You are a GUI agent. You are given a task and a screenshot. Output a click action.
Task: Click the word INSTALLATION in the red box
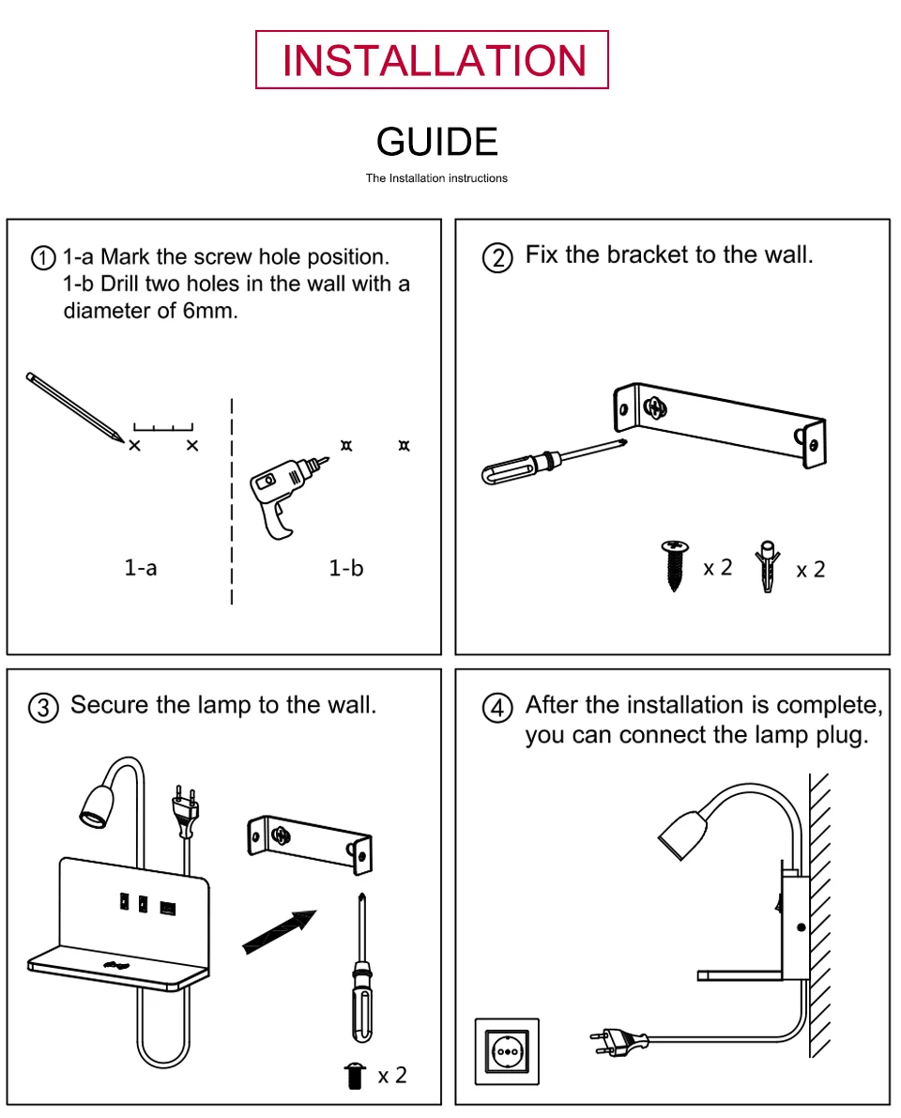433,60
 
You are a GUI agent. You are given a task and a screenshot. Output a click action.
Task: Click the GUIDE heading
436,142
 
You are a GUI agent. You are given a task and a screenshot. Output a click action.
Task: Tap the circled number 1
44,258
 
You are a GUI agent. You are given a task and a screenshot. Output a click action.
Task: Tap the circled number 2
498,257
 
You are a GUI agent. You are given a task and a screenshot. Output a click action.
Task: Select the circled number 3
44,707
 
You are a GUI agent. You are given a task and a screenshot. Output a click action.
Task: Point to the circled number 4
498,707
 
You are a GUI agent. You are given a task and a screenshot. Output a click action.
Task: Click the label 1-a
141,567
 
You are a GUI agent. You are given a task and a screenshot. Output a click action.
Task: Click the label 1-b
346,567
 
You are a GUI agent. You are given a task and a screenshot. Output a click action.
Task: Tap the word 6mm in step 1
209,311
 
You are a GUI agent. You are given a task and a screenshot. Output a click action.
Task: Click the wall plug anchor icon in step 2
768,568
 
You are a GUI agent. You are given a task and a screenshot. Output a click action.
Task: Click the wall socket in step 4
508,1050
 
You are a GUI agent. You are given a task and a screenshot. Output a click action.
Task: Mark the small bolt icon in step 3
354,1075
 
